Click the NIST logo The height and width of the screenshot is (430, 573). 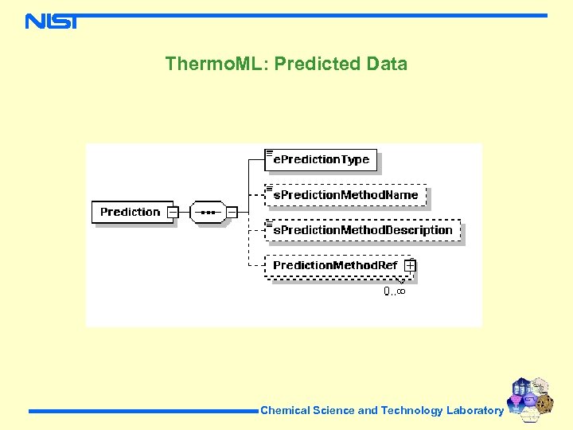click(x=52, y=21)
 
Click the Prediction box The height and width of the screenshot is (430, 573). click(x=131, y=212)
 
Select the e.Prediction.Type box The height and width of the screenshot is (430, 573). click(x=321, y=160)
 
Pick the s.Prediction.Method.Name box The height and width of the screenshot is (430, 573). click(x=345, y=195)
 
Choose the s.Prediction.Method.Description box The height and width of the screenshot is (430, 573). click(x=363, y=230)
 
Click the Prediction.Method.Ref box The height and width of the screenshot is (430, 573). click(x=335, y=265)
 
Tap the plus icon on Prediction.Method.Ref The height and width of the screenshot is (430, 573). click(x=409, y=265)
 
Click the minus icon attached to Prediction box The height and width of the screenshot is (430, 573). click(x=173, y=212)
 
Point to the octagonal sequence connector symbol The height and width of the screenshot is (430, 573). click(x=209, y=212)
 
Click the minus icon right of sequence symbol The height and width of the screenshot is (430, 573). click(x=232, y=212)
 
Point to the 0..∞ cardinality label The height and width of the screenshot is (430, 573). click(x=395, y=291)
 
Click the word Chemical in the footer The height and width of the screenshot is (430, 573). click(x=285, y=411)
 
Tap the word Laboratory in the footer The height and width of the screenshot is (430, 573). click(x=474, y=411)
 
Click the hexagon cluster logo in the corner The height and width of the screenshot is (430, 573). click(x=530, y=397)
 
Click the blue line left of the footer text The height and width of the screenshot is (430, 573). click(x=143, y=411)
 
